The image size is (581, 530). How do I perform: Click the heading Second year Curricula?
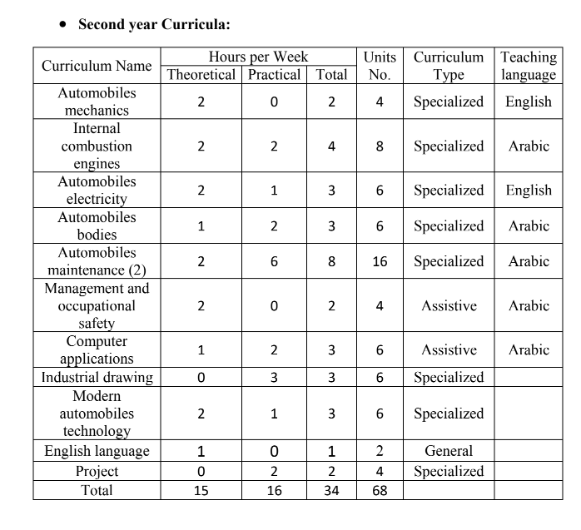point(153,24)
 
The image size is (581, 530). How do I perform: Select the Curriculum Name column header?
point(97,66)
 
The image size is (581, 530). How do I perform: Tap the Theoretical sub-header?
point(201,75)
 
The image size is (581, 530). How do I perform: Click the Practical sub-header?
point(275,75)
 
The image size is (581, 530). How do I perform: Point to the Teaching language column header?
point(529,66)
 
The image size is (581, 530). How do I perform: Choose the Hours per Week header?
point(258,57)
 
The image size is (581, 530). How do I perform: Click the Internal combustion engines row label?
point(97,146)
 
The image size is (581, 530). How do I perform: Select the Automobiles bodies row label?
point(97,225)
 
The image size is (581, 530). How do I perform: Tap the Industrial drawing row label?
point(97,378)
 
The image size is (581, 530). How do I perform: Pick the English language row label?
point(97,452)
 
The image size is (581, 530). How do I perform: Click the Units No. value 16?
point(380,261)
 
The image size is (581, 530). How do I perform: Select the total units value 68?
point(380,491)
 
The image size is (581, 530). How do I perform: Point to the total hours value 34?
point(331,491)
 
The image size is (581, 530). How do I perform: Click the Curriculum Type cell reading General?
point(449,452)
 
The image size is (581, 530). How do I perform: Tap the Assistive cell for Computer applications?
point(449,350)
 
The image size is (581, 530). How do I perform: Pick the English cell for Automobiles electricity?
point(529,191)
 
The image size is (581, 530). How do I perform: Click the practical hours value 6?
point(275,261)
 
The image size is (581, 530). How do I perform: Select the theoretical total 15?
point(201,491)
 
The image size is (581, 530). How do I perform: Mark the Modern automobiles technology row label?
point(97,414)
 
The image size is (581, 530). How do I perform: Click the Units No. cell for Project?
point(380,472)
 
